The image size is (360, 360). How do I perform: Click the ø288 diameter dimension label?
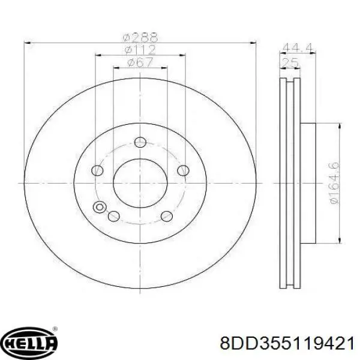coord(140,37)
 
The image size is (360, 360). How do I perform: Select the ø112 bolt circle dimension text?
coord(140,50)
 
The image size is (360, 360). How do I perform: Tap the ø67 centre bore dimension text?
coord(140,62)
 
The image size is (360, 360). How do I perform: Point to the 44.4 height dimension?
coord(298,48)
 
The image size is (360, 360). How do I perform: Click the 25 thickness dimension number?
coord(290,63)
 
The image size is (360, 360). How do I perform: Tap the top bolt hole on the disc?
coord(140,142)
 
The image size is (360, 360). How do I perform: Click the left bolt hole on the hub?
coord(97,170)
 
